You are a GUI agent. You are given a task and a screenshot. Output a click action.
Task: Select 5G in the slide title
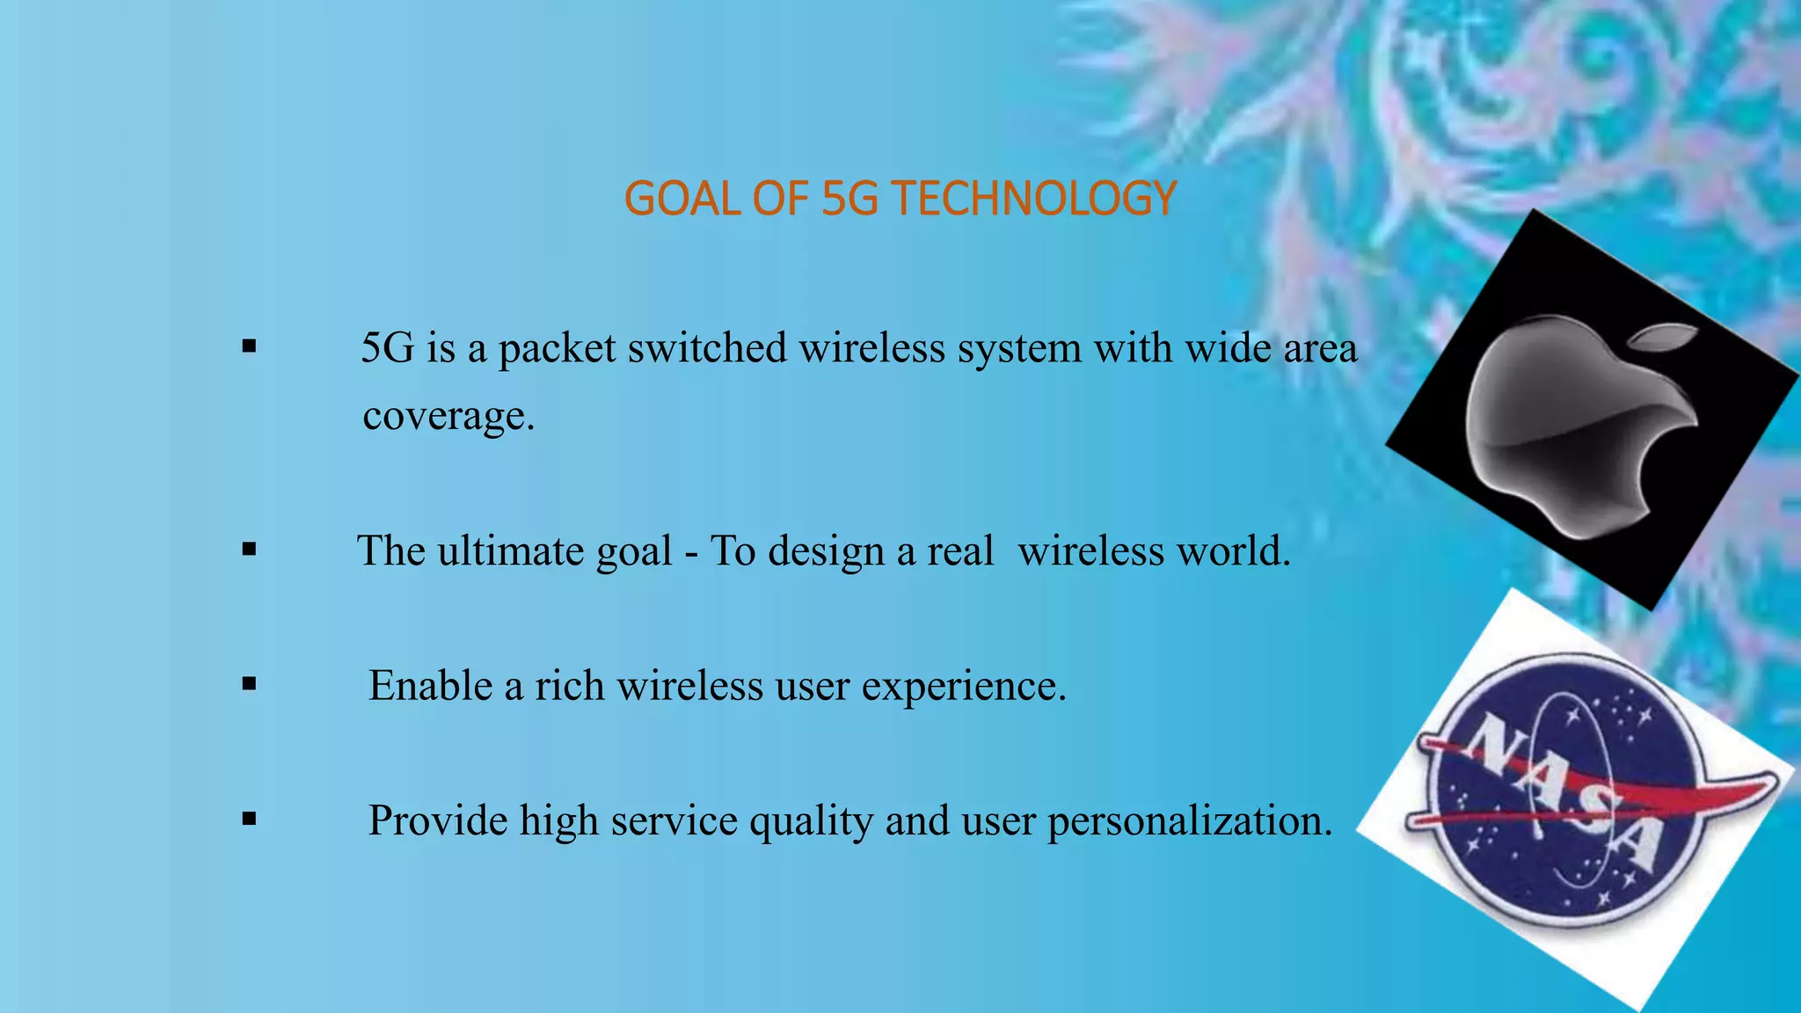coord(849,198)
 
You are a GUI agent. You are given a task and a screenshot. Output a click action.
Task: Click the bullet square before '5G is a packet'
coord(250,346)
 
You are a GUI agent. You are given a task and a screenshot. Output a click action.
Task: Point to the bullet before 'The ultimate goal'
coord(250,550)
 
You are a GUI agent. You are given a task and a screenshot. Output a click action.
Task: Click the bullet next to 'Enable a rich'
coord(250,685)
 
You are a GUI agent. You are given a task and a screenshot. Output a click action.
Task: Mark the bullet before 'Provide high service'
coord(250,820)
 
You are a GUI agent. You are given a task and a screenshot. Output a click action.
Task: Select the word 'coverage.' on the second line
coord(448,416)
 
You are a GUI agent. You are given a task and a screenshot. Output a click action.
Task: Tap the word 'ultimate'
coord(511,551)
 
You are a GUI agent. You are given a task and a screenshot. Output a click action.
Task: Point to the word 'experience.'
coord(964,687)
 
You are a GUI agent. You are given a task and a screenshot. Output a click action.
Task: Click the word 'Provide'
coord(437,820)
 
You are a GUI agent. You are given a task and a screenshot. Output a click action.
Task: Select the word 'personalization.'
coord(1190,821)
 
